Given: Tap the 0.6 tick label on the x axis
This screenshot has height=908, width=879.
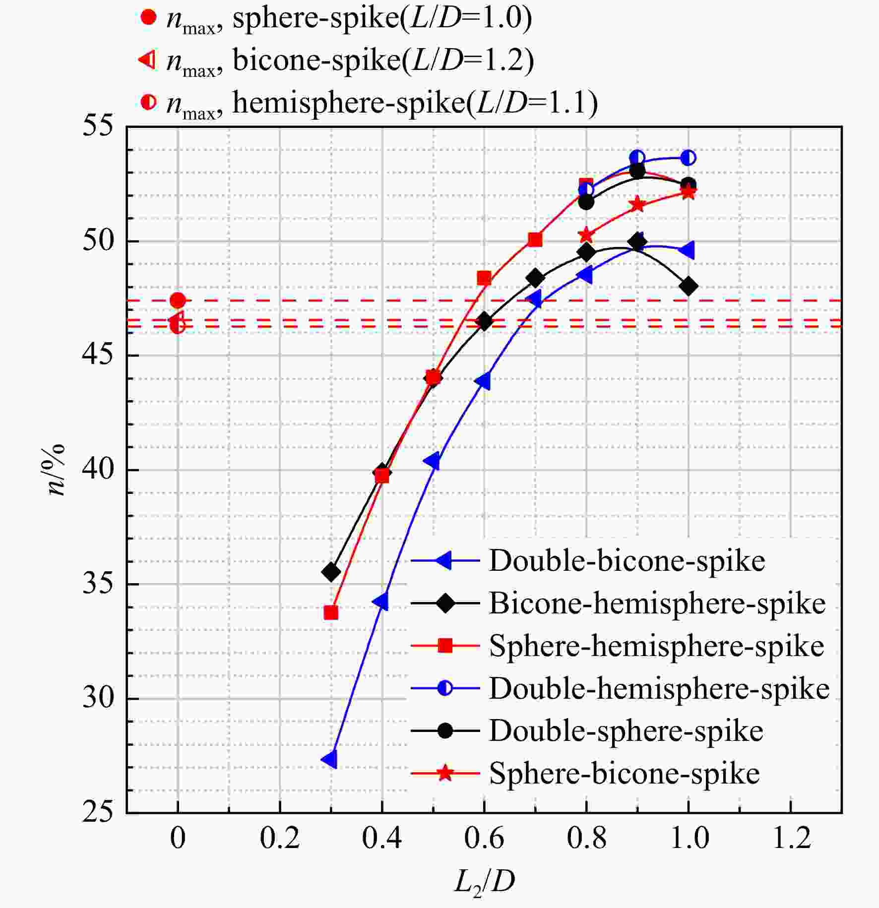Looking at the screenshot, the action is click(484, 838).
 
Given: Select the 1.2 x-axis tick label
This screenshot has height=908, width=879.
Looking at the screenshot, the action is click(790, 838).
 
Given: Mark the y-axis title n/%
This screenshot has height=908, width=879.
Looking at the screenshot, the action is click(58, 470).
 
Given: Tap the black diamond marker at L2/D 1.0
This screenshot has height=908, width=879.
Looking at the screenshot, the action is click(688, 286).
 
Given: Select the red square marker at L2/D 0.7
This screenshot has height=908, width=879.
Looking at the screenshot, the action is click(535, 240).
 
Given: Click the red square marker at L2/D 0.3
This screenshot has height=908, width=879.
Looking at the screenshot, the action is click(331, 613).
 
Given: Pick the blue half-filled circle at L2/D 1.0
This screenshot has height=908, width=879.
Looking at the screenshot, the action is click(688, 158).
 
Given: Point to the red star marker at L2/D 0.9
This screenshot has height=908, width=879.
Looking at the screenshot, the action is click(637, 204).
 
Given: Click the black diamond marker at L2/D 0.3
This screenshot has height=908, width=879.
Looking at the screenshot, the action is click(331, 572).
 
